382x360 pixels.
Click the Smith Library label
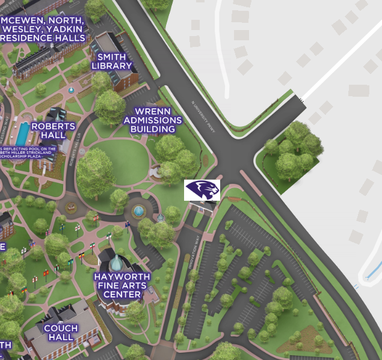click(x=111, y=61)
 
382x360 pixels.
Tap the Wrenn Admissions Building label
click(x=153, y=120)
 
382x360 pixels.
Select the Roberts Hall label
click(x=54, y=130)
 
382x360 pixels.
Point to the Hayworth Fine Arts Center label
click(x=122, y=285)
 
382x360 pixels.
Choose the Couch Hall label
click(x=61, y=332)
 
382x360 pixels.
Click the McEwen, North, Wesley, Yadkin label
click(x=43, y=28)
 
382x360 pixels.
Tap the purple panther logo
click(x=202, y=190)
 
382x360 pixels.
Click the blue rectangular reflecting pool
click(x=22, y=133)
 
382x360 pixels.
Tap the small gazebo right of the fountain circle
click(x=161, y=218)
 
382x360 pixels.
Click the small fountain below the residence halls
click(x=71, y=90)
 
